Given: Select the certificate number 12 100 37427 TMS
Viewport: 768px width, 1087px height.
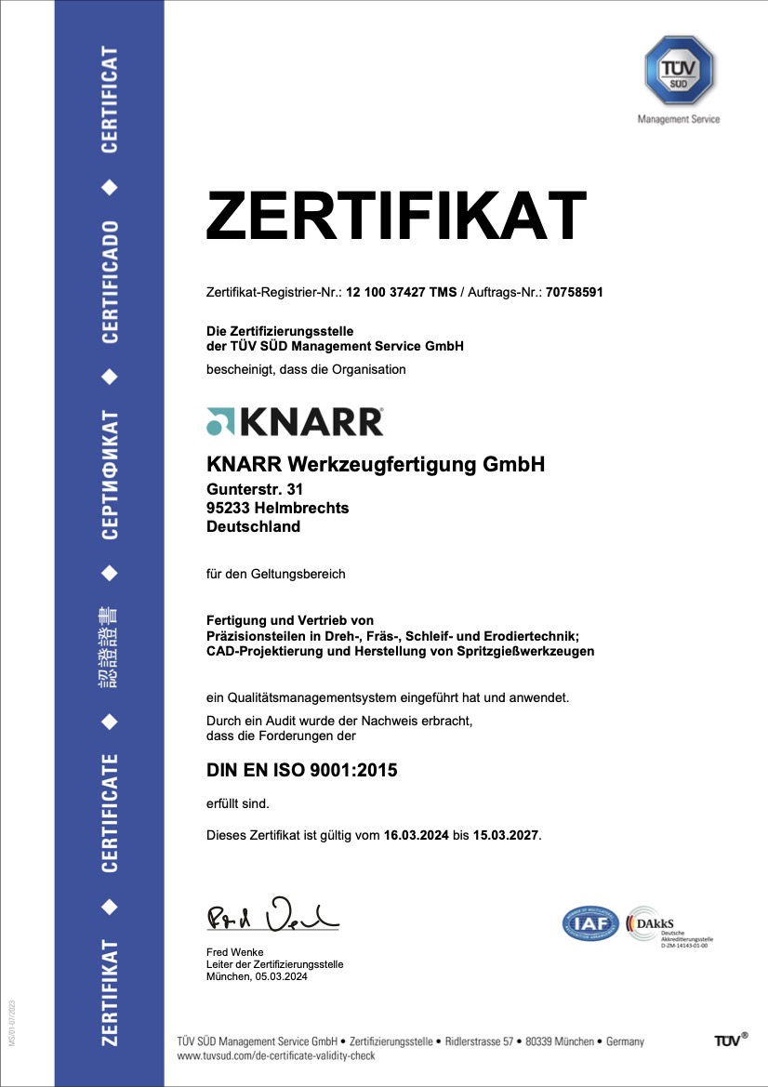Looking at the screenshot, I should [402, 292].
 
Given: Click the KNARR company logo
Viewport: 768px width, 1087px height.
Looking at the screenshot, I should [295, 421].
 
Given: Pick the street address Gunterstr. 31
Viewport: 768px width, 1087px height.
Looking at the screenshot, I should [254, 489].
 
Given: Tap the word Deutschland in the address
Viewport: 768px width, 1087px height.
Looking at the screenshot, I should [253, 526].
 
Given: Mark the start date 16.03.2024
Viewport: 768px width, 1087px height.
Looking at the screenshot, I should [416, 835].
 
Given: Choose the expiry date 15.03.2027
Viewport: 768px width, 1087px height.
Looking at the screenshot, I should [505, 835].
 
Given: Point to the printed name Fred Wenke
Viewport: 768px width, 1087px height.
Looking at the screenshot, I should [234, 952].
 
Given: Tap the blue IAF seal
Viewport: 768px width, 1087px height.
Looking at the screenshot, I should [590, 923].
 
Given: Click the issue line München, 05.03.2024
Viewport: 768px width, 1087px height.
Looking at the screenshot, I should [257, 976].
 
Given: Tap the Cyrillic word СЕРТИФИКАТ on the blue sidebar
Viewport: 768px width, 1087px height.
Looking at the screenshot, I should [110, 474].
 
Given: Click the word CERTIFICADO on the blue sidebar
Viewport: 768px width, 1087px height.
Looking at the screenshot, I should [110, 282].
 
